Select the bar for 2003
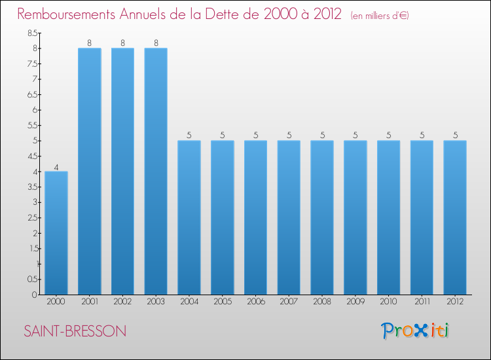coord(156,171)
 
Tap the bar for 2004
coord(189,217)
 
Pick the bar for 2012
coord(455,217)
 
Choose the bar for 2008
coord(322,217)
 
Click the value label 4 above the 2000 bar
coord(56,167)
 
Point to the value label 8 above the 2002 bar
coord(122,43)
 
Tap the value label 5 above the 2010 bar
coord(388,135)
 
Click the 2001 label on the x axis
coord(89,302)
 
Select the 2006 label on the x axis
coord(255,302)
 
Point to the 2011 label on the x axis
coord(422,302)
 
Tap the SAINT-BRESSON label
coord(75,331)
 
